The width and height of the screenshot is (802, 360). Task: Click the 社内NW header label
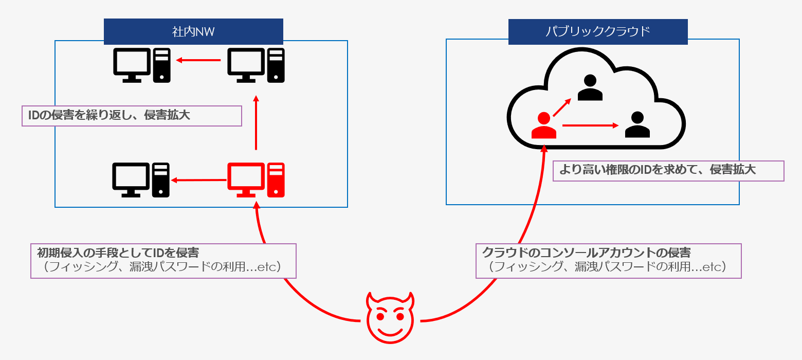193,32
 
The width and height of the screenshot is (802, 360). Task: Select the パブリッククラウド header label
598,32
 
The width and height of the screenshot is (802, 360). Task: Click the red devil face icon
390,318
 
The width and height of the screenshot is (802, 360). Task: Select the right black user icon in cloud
637,125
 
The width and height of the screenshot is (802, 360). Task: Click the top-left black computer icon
141,65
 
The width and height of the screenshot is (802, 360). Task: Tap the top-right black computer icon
256,65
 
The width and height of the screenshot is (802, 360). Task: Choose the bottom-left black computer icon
141,179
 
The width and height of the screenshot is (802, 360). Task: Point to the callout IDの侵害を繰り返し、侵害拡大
132,116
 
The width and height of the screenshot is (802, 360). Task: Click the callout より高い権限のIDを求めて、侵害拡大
668,171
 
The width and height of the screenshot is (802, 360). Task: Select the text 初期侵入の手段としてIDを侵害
118,253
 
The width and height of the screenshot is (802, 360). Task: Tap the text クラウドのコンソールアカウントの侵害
586,253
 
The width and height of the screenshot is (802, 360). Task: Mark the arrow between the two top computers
198,61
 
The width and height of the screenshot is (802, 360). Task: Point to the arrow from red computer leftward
198,180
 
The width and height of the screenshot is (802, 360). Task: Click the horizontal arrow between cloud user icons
590,125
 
